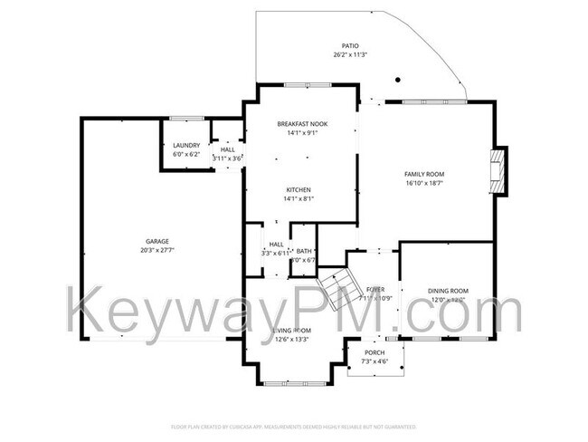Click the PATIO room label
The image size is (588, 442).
coord(349,45)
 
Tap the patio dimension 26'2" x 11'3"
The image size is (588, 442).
coord(349,54)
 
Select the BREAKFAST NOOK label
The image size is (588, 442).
coord(302,123)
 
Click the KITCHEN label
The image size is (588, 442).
coord(299,189)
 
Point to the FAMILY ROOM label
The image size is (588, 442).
coord(424,174)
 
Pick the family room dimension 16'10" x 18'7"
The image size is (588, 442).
coord(424,183)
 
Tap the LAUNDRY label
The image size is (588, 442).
coord(186,145)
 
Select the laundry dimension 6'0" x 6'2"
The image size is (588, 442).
coord(186,154)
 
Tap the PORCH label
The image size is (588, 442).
coord(375,352)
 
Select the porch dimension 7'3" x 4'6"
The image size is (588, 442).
coord(375,361)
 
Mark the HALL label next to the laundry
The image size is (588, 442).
coord(227,149)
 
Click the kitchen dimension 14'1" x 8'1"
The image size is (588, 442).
coord(299,198)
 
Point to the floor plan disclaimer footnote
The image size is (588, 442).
coord(293,425)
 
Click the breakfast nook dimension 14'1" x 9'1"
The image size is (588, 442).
coord(302,132)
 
